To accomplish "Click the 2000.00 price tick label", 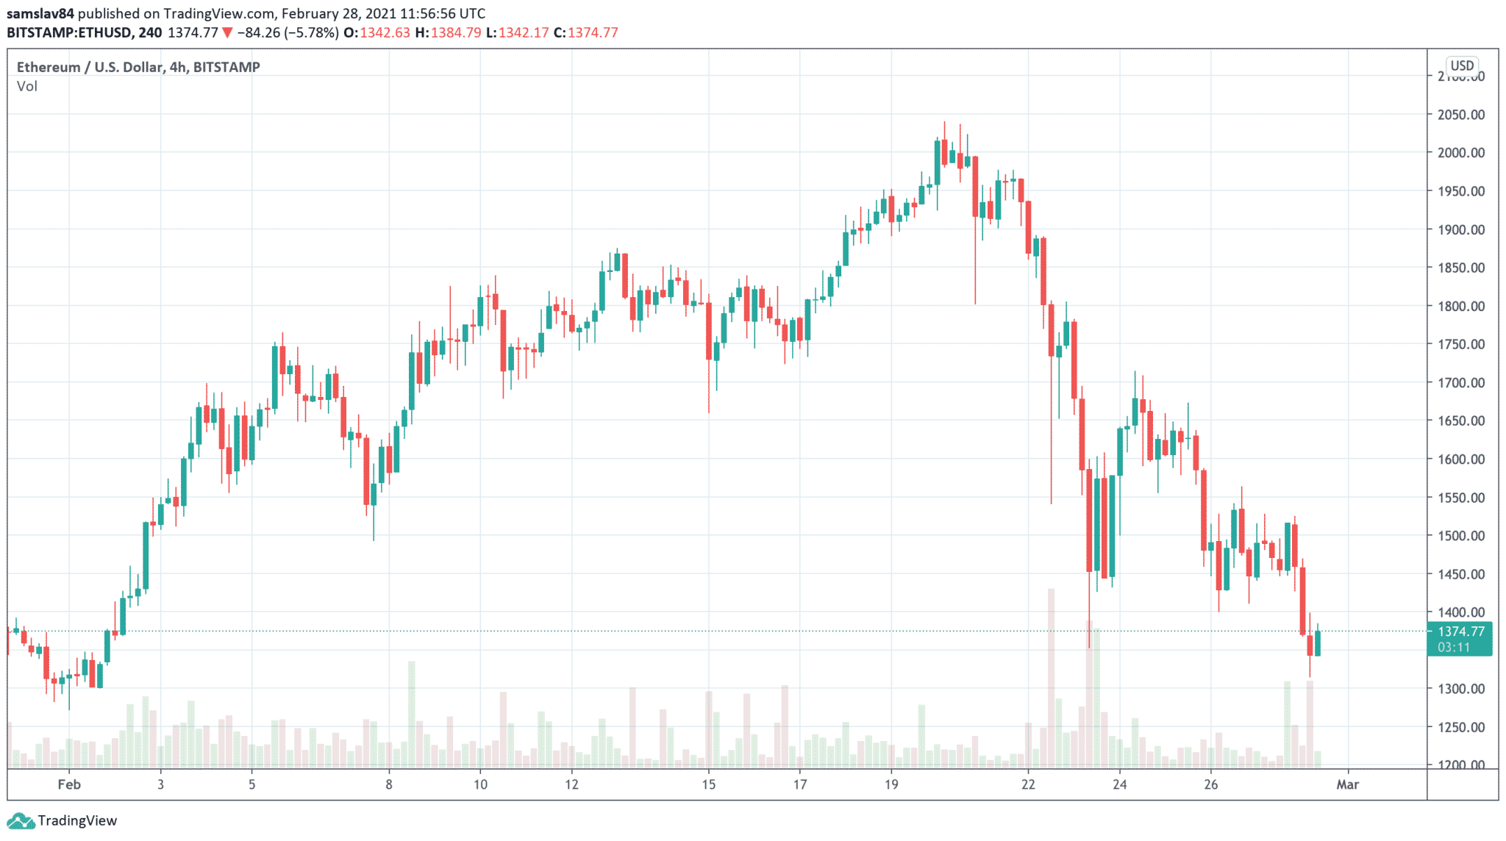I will (x=1460, y=153).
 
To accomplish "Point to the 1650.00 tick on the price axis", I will (x=1460, y=420).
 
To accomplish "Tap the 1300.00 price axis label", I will (x=1460, y=689).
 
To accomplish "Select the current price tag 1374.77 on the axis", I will (x=1460, y=631).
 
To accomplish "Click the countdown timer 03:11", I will (x=1454, y=648).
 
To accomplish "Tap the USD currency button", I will (x=1462, y=65).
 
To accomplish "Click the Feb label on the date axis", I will (x=69, y=784).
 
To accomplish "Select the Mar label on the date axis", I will (x=1347, y=784).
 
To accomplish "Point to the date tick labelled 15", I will (x=708, y=784).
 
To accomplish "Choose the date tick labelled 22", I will (x=1028, y=784).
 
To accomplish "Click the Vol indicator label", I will (x=27, y=86).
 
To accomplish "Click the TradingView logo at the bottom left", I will (x=62, y=820).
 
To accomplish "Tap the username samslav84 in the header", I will (x=40, y=13).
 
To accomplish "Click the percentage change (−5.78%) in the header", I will (x=312, y=32).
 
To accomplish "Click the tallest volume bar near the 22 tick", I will (x=1051, y=676).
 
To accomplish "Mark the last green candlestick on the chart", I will (x=1317, y=643).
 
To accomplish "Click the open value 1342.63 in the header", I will (x=385, y=32).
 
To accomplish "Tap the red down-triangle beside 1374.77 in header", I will (x=228, y=32).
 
